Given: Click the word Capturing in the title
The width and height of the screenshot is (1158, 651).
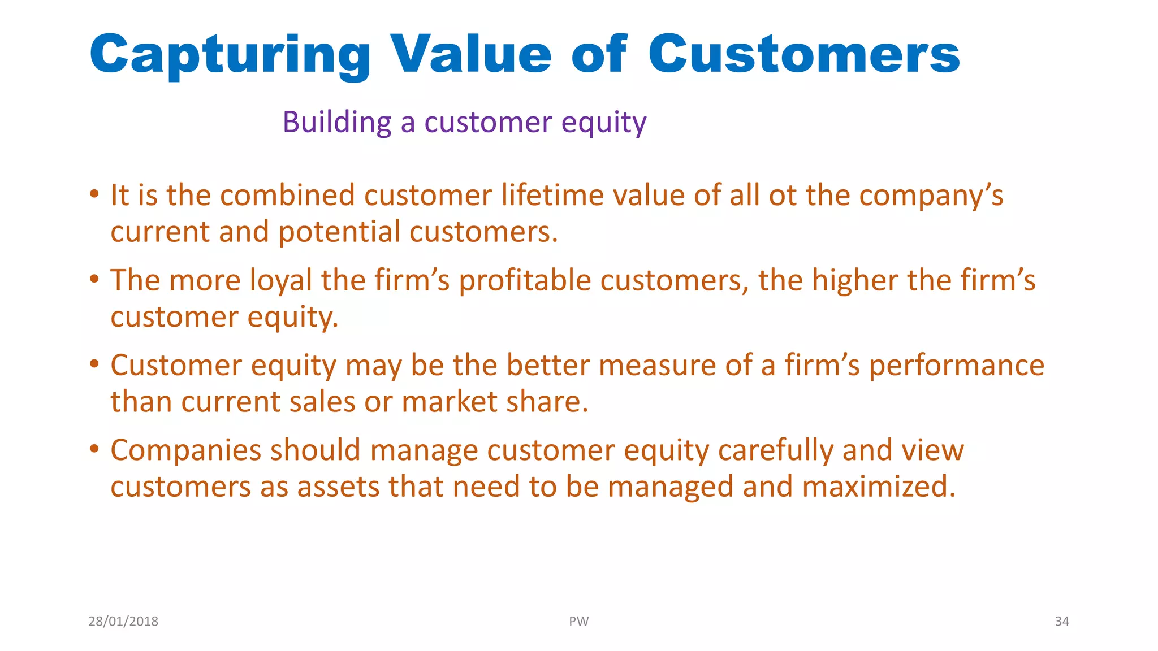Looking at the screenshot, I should coord(230,55).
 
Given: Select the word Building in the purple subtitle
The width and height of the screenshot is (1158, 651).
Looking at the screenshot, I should coord(337,122).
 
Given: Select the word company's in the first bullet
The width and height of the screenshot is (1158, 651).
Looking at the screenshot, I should coord(931,196).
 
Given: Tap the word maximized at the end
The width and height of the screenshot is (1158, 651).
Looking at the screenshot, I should coord(878,487).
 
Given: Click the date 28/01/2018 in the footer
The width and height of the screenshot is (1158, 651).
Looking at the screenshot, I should coord(123,622).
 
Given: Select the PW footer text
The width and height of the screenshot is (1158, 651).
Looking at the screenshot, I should coord(578,622).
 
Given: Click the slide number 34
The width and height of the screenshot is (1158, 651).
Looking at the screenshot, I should coord(1062,622).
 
